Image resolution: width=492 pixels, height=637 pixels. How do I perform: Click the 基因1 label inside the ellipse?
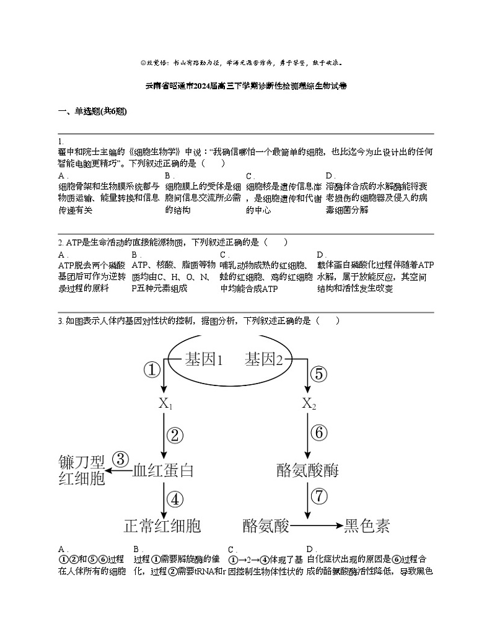coord(204,359)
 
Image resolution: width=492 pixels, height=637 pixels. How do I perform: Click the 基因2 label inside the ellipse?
coord(264,359)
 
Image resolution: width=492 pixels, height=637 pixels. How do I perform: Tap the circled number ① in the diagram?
coord(152,371)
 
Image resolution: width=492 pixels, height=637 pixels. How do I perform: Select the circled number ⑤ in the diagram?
coord(317,374)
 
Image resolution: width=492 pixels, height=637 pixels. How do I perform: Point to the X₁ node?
coord(165,403)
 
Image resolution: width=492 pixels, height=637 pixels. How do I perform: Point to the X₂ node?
coord(309,403)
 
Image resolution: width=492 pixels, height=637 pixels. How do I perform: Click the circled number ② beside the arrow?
coord(175,435)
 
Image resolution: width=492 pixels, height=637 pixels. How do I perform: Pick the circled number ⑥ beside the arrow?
coord(318,433)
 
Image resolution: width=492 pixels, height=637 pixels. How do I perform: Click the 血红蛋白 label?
coord(164,470)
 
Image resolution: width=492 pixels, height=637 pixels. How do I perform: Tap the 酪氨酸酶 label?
coord(308,470)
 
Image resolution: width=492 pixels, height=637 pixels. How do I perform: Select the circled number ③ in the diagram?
coord(120,459)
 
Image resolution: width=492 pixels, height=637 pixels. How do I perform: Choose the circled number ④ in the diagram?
coord(175,499)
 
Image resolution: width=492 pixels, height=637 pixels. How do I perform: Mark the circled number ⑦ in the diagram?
coord(318,496)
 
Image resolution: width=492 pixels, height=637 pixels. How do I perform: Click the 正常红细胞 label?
coord(162,526)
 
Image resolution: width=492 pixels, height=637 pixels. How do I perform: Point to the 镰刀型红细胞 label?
coord(81,471)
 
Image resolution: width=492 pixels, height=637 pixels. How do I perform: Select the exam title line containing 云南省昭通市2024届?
coord(245,86)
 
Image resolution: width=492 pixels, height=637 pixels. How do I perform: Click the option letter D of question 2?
coord(320,255)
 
